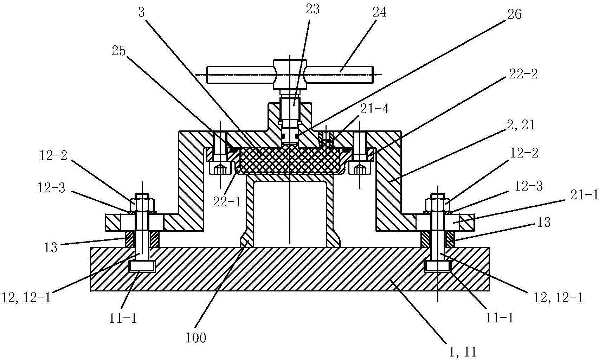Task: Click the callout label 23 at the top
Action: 313,9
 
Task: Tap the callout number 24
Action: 379,13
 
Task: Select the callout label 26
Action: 514,14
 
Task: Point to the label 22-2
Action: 523,74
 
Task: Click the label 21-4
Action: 375,109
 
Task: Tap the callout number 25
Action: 119,51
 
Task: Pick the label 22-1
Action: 227,202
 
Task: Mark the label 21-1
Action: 584,196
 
